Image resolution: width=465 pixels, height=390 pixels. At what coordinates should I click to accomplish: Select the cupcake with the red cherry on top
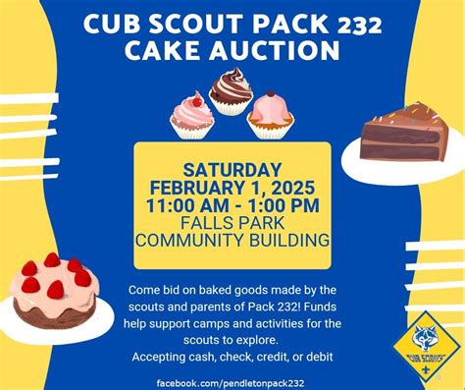point(192,113)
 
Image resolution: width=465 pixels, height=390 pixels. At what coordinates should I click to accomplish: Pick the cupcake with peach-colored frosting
point(270,114)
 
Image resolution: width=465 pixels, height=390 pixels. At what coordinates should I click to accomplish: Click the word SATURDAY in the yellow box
point(232,169)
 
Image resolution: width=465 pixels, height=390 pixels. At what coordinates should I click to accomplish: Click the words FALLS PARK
point(232,222)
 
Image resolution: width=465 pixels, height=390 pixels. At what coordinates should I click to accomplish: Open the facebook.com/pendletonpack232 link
point(232,380)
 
